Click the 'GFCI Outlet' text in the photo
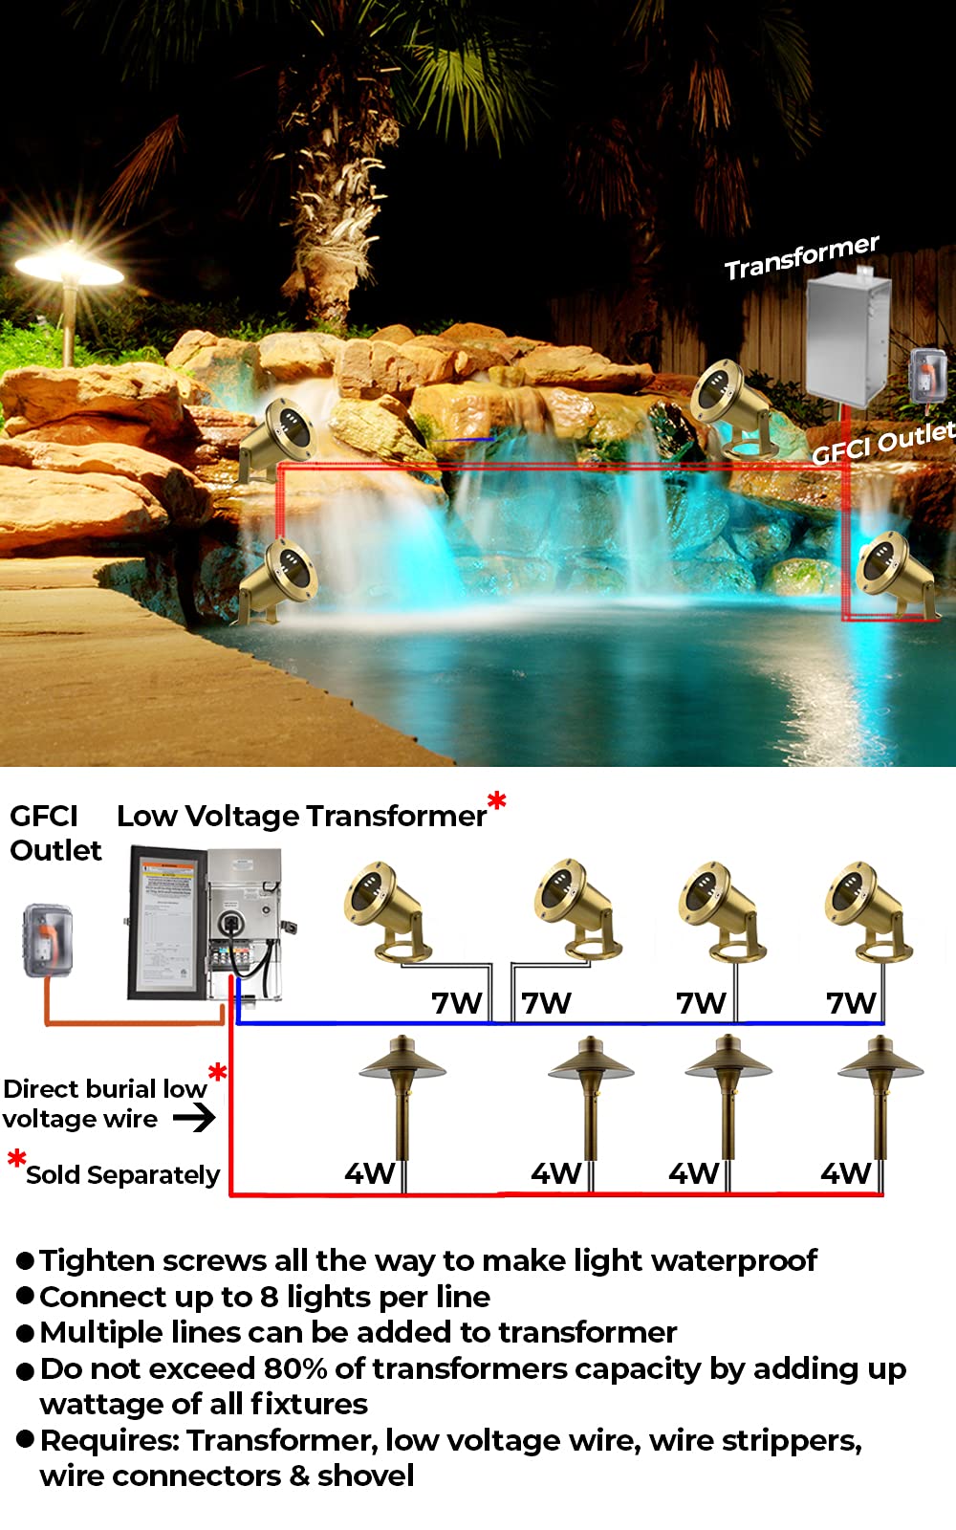(x=882, y=443)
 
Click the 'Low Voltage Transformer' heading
(x=301, y=816)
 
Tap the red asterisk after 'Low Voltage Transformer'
(x=496, y=801)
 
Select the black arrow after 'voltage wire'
(x=194, y=1117)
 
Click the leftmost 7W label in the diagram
(x=456, y=1003)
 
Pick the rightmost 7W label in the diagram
(x=850, y=1003)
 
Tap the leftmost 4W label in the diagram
(x=369, y=1173)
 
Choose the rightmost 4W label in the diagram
(x=845, y=1173)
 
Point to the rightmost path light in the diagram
(x=880, y=1100)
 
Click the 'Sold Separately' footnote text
(x=122, y=1174)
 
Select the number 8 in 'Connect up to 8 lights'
(x=269, y=1297)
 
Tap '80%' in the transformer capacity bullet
(x=295, y=1368)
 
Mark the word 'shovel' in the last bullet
(x=365, y=1475)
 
